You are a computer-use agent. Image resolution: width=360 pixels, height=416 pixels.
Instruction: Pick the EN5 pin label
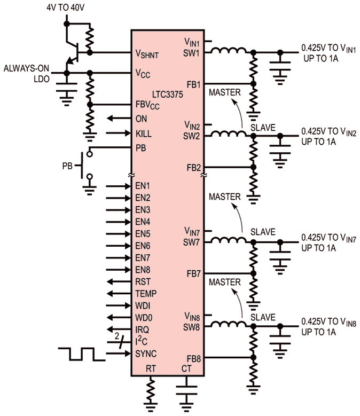pyautogui.click(x=143, y=234)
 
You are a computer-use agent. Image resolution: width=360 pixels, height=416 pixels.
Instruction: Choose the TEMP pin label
pyautogui.click(x=146, y=294)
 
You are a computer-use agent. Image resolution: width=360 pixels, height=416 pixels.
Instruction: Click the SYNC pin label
pyautogui.click(x=146, y=354)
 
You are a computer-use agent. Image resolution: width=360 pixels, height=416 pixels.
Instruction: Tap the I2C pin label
pyautogui.click(x=143, y=341)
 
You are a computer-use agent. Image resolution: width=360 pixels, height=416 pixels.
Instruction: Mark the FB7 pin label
pyautogui.click(x=193, y=273)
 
